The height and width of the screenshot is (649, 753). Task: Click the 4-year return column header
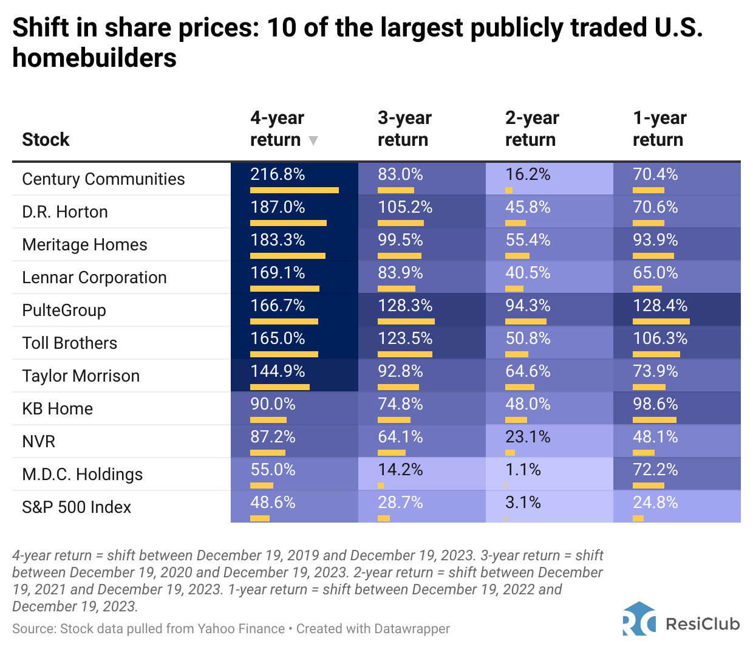[277, 128]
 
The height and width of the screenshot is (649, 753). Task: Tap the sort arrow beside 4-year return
[313, 141]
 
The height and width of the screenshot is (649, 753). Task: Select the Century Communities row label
[103, 179]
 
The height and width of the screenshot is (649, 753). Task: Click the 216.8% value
[278, 174]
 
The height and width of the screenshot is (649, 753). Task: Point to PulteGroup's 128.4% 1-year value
[660, 306]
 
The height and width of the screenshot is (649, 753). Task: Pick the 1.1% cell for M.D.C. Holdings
[523, 470]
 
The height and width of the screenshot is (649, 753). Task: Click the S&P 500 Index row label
[77, 507]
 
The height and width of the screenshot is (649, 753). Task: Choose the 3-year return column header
[404, 128]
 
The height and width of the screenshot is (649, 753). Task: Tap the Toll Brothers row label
[70, 343]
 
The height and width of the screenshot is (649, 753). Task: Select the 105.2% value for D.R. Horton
[405, 207]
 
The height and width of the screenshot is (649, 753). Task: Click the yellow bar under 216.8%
[295, 190]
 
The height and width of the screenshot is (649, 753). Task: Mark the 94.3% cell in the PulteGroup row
[528, 306]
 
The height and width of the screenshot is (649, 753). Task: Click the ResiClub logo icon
[639, 619]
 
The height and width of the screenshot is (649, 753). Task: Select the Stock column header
[46, 140]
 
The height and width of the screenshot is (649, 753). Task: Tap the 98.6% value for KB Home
[655, 404]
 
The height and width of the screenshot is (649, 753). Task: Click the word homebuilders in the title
[94, 58]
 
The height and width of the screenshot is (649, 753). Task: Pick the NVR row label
[39, 442]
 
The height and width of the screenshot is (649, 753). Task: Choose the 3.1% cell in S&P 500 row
[523, 503]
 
